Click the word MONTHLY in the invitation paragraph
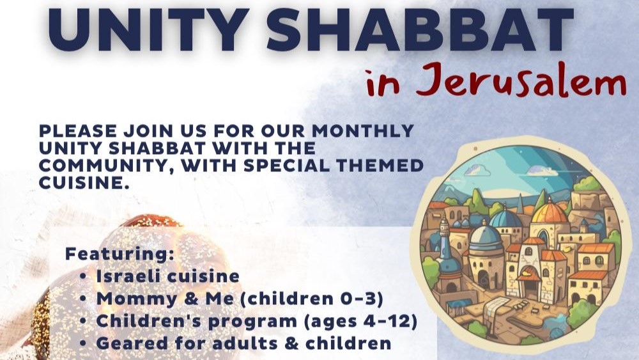(363, 131)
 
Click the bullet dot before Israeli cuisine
(84, 276)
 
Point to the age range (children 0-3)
(312, 299)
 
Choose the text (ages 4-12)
(360, 321)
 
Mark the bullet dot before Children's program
(84, 321)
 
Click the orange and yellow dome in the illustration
(550, 212)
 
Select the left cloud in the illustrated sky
(477, 170)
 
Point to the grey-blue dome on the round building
(485, 237)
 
